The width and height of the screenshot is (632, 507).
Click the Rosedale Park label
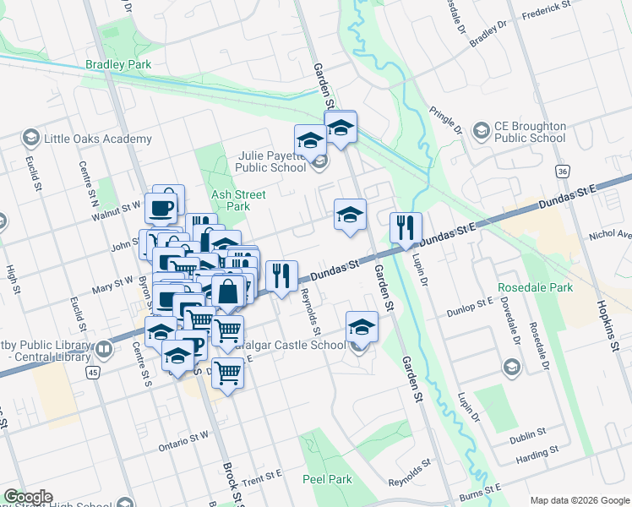pyautogui.click(x=536, y=287)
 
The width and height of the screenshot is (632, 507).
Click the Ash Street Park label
pyautogui.click(x=231, y=199)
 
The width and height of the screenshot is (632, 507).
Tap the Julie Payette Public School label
pyautogui.click(x=264, y=161)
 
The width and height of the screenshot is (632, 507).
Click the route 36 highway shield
pyautogui.click(x=562, y=172)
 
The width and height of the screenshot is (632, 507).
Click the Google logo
pyautogui.click(x=28, y=497)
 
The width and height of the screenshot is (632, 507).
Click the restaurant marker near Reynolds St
pyautogui.click(x=281, y=275)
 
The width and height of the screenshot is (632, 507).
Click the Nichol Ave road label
pyautogui.click(x=613, y=235)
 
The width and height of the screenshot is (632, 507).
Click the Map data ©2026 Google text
pyautogui.click(x=579, y=500)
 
